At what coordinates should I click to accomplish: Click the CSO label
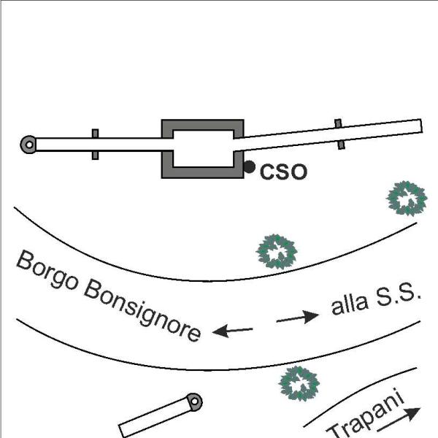pyautogui.click(x=283, y=172)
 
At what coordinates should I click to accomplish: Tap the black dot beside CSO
pyautogui.click(x=249, y=166)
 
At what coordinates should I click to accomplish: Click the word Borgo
pyautogui.click(x=47, y=270)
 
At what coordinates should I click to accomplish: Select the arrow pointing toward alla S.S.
pyautogui.click(x=298, y=318)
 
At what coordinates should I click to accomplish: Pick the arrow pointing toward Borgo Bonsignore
pyautogui.click(x=232, y=331)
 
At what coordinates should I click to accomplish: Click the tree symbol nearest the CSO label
pyautogui.click(x=277, y=252)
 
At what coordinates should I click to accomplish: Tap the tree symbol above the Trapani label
pyautogui.click(x=299, y=383)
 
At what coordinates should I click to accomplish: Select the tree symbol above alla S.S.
pyautogui.click(x=407, y=199)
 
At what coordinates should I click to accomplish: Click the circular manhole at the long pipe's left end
pyautogui.click(x=28, y=145)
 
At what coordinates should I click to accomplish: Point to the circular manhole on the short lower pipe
pyautogui.click(x=194, y=401)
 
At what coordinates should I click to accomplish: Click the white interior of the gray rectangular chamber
pyautogui.click(x=204, y=148)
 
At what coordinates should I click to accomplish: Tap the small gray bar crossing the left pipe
pyautogui.click(x=95, y=145)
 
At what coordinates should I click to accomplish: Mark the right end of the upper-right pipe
pyautogui.click(x=422, y=126)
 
